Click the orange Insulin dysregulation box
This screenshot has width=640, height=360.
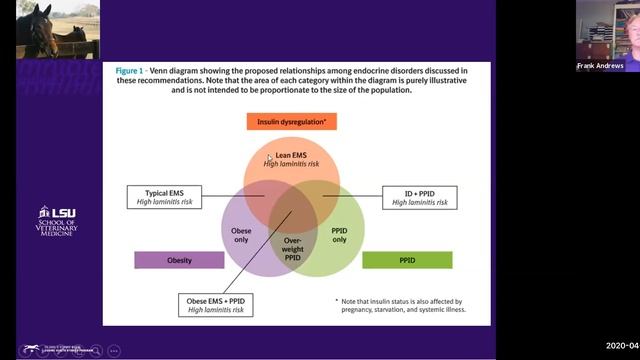296,123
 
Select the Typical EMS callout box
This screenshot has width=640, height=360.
166,196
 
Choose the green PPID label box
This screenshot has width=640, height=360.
407,260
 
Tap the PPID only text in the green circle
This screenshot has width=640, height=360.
339,234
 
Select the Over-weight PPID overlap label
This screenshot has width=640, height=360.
292,248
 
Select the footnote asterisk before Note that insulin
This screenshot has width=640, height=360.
337,301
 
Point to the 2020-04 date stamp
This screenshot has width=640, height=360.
621,346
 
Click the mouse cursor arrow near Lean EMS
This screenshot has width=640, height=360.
269,158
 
